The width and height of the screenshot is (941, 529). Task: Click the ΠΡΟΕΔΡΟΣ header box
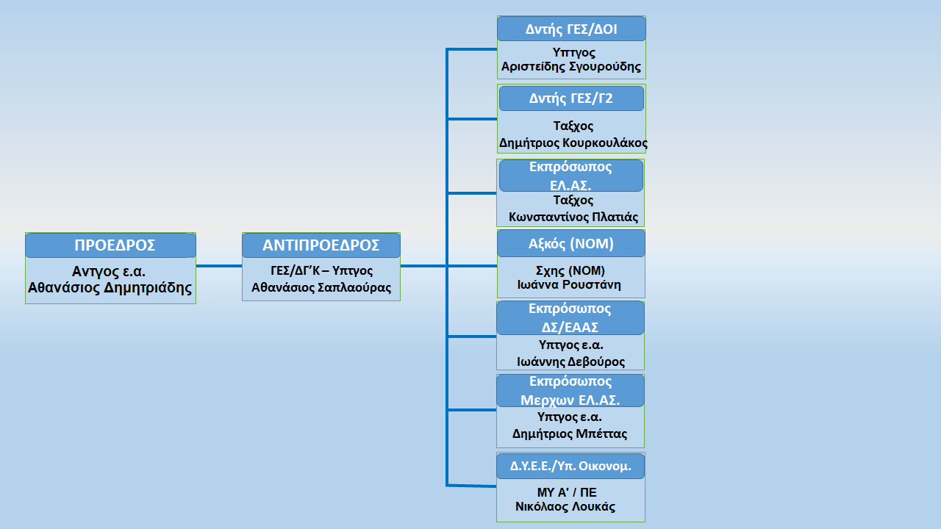pos(110,245)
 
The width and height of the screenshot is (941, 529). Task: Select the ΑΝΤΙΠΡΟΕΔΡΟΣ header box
pos(321,245)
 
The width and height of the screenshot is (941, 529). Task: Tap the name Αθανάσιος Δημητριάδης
pos(110,288)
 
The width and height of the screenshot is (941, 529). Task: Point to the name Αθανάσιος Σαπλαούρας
pos(321,287)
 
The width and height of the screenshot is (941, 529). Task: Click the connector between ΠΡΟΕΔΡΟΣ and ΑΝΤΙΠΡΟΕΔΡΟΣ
pos(219,266)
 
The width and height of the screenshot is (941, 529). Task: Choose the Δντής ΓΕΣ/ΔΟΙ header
pos(571,29)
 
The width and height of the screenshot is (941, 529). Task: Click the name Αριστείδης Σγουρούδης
pos(571,67)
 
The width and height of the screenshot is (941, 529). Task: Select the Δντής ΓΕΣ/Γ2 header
pos(571,98)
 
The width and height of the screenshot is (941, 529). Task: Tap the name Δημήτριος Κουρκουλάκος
pos(573,143)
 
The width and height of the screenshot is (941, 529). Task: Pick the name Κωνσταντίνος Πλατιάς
pos(573,217)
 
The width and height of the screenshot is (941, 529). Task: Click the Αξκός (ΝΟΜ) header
pos(571,243)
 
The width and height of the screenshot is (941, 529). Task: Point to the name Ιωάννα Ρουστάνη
pos(569,285)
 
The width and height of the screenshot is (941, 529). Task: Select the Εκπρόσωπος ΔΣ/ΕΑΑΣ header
pos(570,318)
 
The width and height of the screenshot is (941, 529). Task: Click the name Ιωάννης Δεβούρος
pos(571,362)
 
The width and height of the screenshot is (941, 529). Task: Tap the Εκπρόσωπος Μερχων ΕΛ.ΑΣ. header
pos(570,390)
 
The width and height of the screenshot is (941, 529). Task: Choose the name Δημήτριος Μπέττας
pos(570,434)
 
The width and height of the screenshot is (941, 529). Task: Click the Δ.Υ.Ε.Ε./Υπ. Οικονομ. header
pos(570,467)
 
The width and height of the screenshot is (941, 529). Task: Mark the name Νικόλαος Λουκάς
pos(565,507)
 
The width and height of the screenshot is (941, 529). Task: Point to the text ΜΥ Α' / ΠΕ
pos(567,492)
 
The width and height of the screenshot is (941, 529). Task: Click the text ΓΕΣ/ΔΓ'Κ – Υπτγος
pos(321,271)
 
